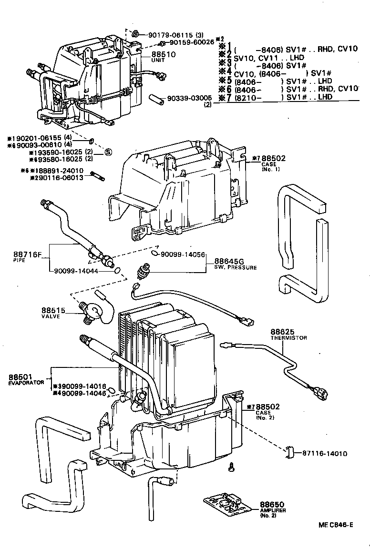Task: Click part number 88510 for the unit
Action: (x=164, y=54)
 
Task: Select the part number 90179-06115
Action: (x=171, y=34)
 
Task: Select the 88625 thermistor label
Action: (x=282, y=332)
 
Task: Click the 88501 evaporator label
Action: (x=20, y=376)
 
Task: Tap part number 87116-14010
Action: (x=324, y=453)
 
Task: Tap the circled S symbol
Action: (x=108, y=152)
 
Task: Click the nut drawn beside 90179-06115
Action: (x=135, y=34)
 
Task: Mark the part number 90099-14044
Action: (x=76, y=270)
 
